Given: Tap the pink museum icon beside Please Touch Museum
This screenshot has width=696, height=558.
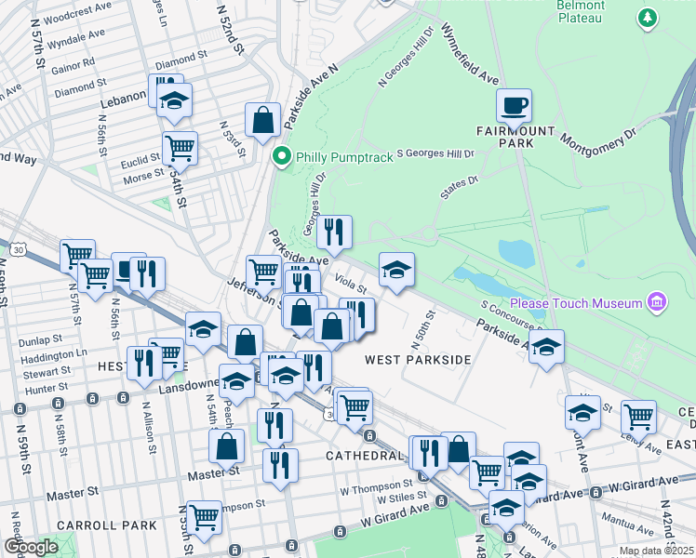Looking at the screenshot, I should pyautogui.click(x=657, y=302).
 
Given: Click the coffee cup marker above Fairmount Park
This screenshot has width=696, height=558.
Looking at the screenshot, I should pyautogui.click(x=514, y=105).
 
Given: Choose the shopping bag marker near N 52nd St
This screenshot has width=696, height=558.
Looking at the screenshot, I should pyautogui.click(x=263, y=119).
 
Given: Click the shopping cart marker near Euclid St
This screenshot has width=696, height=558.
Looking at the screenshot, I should pyautogui.click(x=180, y=147).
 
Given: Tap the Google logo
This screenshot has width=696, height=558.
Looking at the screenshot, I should pyautogui.click(x=31, y=547).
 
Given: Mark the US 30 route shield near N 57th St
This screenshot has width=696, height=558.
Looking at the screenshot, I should pyautogui.click(x=17, y=249).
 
